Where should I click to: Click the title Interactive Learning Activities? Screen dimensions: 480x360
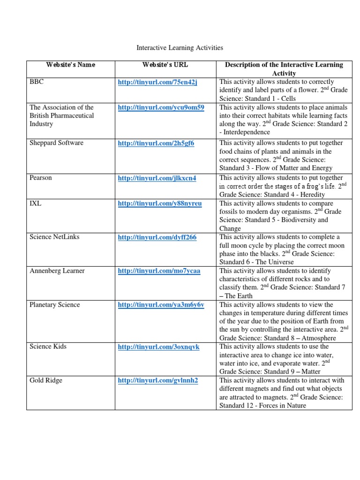(180, 47)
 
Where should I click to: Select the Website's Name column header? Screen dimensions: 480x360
(70, 65)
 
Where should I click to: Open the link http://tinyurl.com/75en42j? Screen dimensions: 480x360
(157, 82)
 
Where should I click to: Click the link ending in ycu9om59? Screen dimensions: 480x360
(161, 107)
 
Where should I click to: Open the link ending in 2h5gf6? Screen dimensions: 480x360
(156, 143)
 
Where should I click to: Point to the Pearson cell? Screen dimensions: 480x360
(41, 178)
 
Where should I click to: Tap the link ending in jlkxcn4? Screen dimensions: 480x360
(157, 178)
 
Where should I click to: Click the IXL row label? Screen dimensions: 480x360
(36, 203)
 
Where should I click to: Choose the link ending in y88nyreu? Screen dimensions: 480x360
(159, 203)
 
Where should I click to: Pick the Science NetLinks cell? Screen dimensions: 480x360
(54, 237)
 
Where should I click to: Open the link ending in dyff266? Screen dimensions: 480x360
(157, 237)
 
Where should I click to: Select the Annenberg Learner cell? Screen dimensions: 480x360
(57, 271)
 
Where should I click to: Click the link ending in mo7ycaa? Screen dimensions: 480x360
(159, 271)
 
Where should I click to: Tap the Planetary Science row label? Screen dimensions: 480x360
(54, 305)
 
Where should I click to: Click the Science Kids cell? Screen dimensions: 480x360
(48, 346)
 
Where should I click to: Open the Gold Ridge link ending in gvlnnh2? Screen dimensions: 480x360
(158, 380)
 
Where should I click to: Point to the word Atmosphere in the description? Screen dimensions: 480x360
(318, 337)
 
